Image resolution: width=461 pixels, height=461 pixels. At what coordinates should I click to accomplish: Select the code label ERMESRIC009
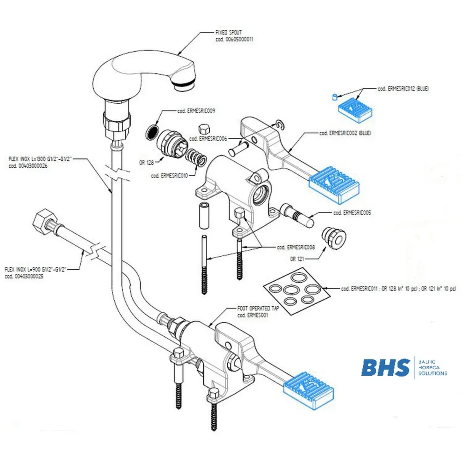coord(196,111)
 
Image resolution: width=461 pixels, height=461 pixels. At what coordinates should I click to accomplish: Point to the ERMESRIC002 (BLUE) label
coord(345,133)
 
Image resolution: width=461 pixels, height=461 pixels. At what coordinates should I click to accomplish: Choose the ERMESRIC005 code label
coord(352,213)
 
